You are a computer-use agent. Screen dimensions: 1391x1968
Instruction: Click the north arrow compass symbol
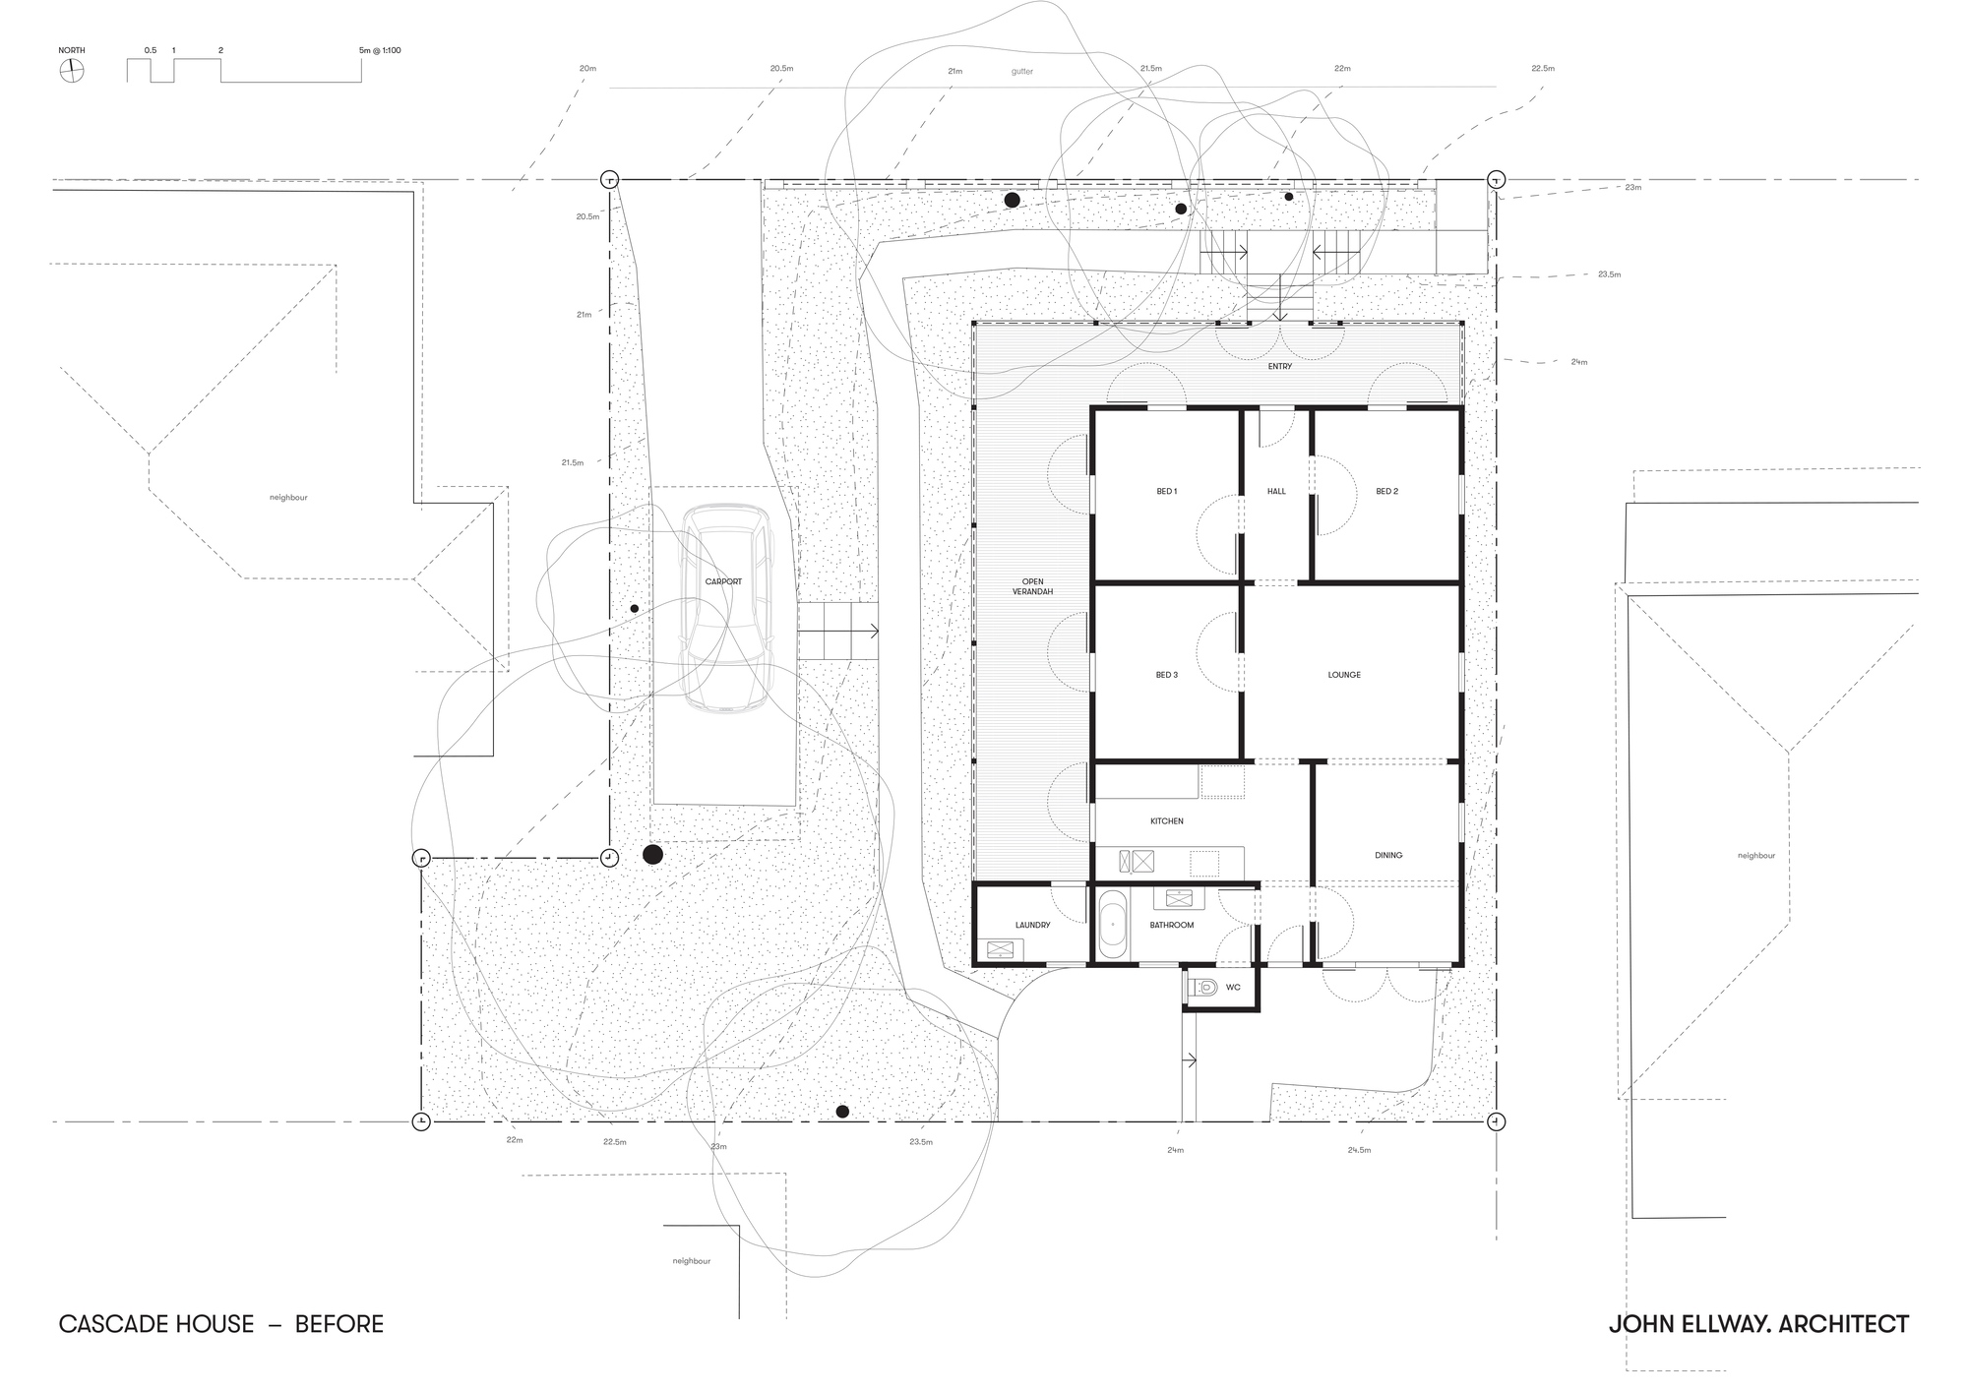tap(71, 71)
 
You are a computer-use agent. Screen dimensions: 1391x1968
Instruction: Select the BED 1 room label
tap(1166, 491)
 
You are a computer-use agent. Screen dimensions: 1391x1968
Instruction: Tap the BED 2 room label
tap(1386, 491)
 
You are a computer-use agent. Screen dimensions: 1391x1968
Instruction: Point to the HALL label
tap(1276, 491)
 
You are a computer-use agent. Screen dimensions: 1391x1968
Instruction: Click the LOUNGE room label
tap(1344, 675)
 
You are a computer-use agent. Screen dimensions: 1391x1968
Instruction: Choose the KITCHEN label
tap(1167, 820)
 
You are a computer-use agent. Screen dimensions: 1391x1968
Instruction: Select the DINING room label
tap(1388, 855)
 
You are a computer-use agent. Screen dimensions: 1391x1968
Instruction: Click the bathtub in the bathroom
tap(1111, 925)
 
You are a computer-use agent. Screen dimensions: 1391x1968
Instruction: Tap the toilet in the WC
tap(1203, 987)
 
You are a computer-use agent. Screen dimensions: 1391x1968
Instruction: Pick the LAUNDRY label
tap(1032, 925)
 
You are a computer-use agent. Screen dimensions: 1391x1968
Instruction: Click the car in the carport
tap(727, 607)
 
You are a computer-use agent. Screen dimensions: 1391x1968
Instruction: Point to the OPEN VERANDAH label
tap(1031, 586)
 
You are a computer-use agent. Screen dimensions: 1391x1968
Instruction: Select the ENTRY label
tap(1279, 366)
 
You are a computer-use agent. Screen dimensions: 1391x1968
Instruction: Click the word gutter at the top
tap(1021, 72)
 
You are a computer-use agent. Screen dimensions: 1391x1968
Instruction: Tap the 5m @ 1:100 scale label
tap(380, 50)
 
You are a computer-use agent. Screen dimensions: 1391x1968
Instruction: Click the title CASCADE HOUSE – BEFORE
tap(220, 1324)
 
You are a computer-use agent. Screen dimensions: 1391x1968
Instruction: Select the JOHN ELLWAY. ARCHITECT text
tap(1757, 1324)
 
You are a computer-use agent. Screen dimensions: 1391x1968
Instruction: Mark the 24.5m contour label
tap(1359, 1150)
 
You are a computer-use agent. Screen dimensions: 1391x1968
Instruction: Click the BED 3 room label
tap(1166, 675)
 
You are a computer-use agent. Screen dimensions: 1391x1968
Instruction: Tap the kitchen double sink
tap(1136, 862)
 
